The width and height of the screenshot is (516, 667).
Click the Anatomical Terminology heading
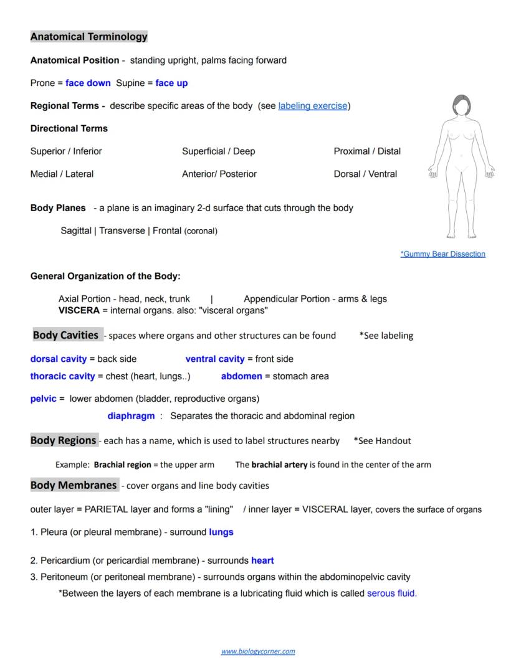[88, 37]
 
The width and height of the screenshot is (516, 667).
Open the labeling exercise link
[312, 106]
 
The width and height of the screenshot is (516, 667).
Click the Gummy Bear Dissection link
[442, 254]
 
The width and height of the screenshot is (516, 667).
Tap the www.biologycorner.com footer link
[258, 651]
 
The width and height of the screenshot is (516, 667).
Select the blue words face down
[88, 83]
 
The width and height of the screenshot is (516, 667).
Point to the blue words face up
[171, 83]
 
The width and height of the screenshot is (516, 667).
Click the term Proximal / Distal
[367, 151]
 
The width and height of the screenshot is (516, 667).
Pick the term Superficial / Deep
[218, 151]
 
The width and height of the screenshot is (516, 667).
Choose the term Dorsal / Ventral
[365, 174]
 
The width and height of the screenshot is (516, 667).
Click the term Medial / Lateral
[62, 174]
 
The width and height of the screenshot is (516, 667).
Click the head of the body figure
[461, 105]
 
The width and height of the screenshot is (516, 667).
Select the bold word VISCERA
[79, 310]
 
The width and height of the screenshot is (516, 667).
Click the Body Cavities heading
[65, 335]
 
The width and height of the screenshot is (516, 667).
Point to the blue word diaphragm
[131, 416]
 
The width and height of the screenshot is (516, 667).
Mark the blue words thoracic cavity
[62, 376]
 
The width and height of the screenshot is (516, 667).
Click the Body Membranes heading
[74, 485]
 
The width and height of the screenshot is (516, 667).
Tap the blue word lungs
[221, 532]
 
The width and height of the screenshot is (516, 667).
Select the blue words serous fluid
[391, 594]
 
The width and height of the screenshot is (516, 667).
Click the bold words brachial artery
[279, 465]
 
